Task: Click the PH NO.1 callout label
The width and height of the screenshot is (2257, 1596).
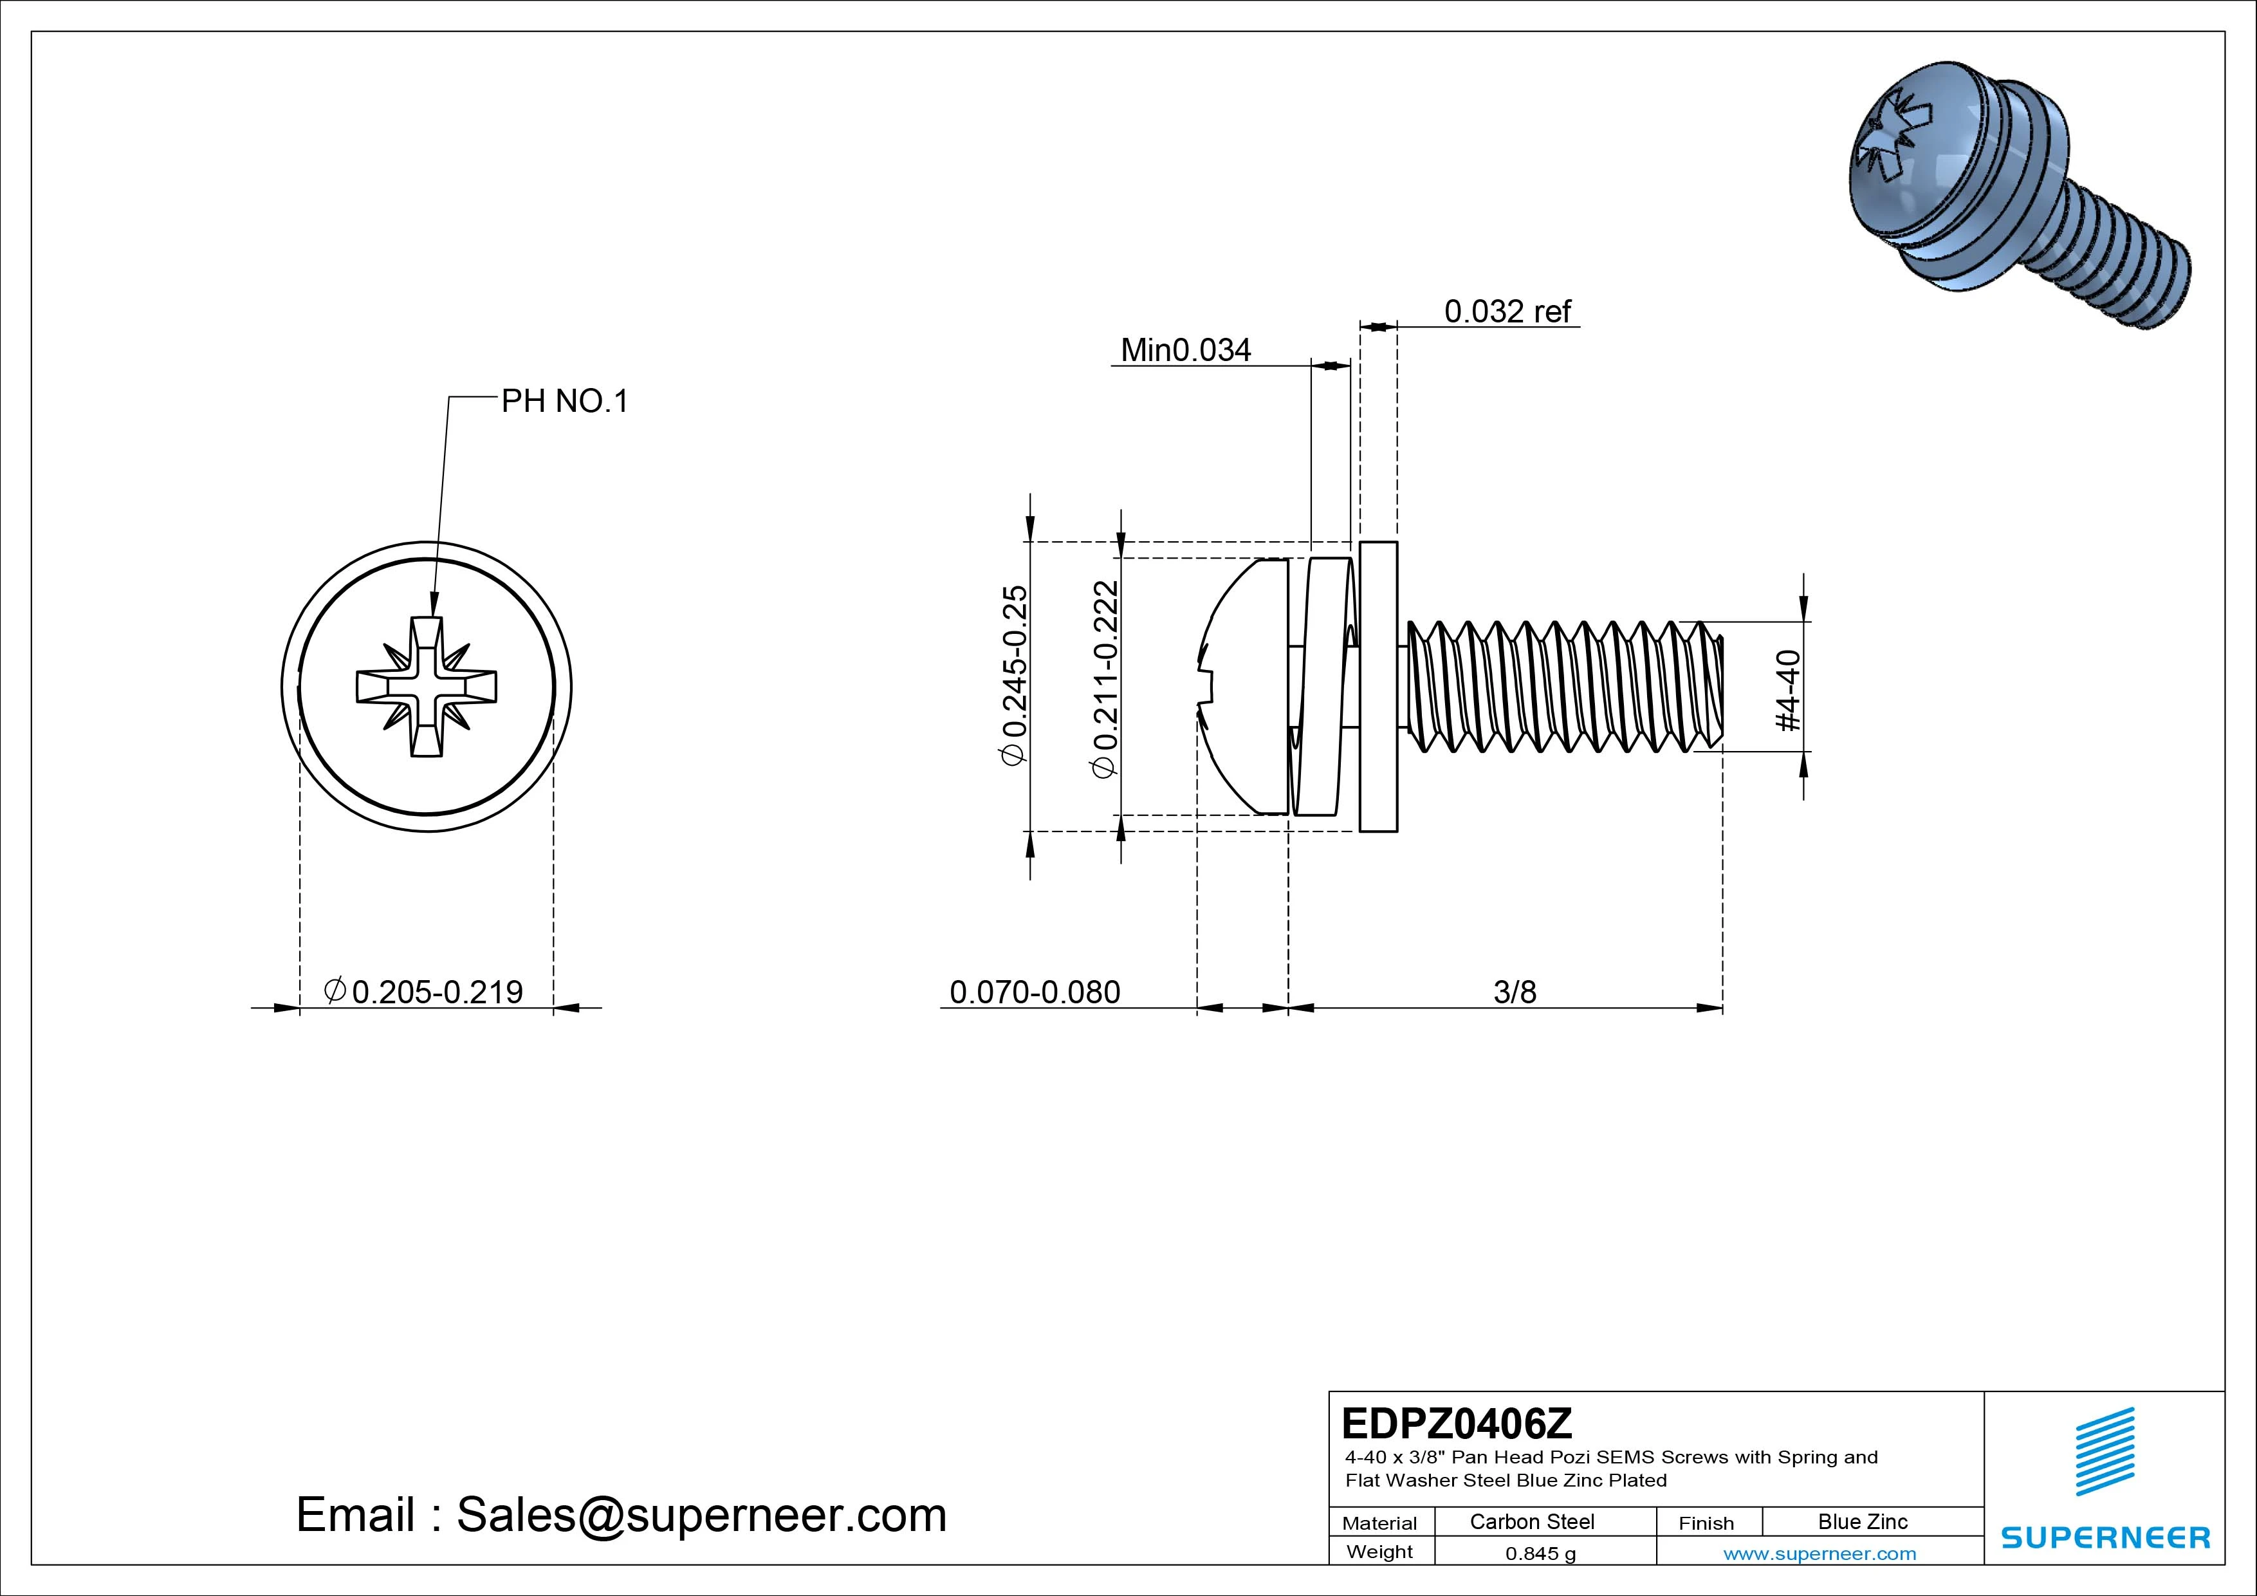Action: pos(564,401)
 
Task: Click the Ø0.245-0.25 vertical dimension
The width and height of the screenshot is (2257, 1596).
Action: pos(1013,674)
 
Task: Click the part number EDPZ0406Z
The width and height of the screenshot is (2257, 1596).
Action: pos(1457,1423)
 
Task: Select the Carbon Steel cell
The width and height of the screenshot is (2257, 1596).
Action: pos(1531,1521)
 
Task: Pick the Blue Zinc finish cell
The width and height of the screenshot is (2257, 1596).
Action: pos(1863,1521)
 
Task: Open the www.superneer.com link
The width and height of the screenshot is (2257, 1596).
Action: pos(1819,1554)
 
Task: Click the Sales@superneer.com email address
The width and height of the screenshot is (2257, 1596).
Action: pos(701,1516)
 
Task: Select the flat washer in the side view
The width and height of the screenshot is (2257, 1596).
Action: pos(1378,687)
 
